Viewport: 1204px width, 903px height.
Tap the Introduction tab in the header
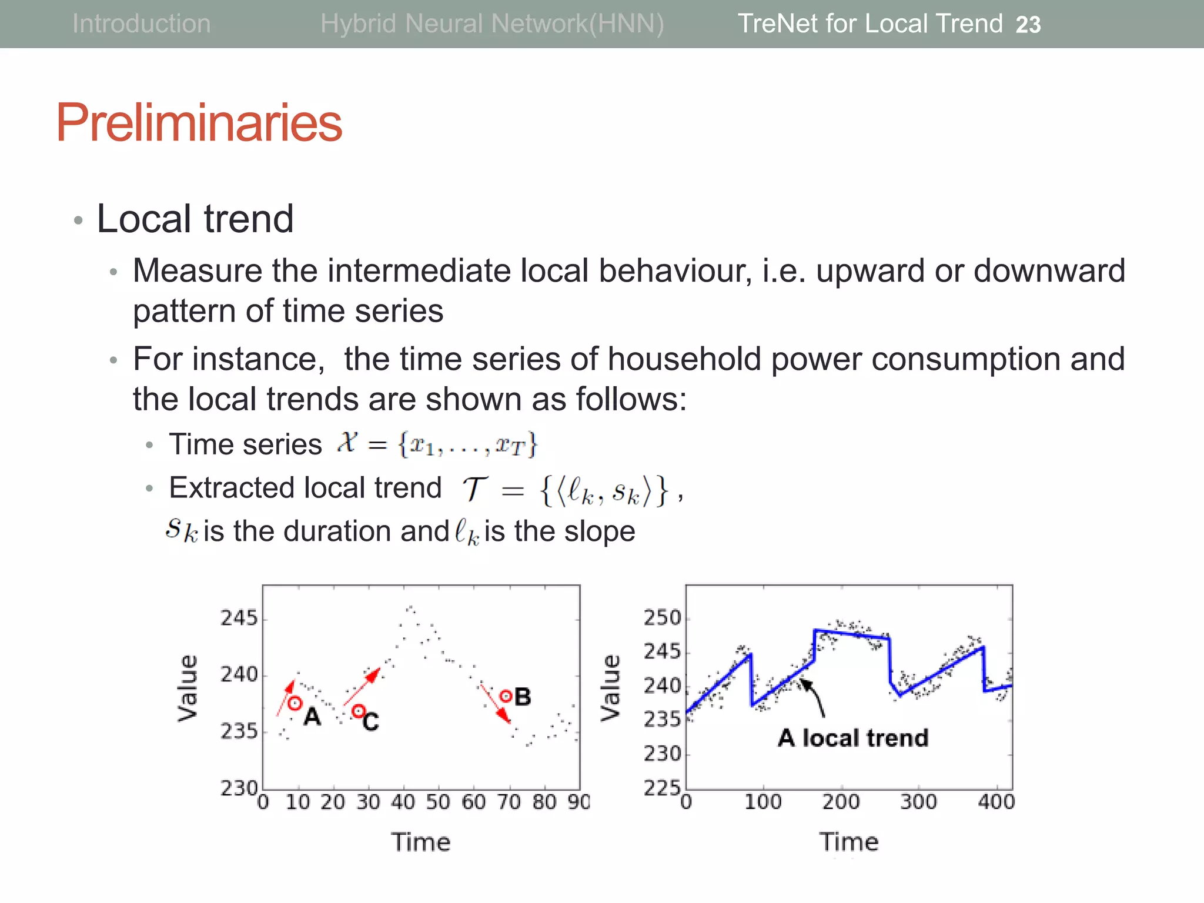pos(141,24)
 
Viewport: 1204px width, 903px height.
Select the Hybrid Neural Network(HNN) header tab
pos(492,24)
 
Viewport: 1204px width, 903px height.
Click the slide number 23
pos(1028,25)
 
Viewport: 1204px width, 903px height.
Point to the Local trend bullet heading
pos(195,219)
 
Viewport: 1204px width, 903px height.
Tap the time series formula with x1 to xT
pos(438,444)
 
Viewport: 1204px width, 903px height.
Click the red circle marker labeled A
pos(295,703)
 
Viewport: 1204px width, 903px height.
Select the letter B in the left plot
pos(523,697)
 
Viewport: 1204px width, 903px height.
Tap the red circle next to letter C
pos(358,711)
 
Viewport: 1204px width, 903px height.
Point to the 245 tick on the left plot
pos(239,618)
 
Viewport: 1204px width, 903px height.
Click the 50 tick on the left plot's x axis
pos(438,802)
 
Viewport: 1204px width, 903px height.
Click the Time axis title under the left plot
pos(421,842)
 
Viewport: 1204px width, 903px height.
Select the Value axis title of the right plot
pos(610,687)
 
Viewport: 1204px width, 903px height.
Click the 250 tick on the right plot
pos(662,618)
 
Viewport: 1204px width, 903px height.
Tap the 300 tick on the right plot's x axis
pos(918,802)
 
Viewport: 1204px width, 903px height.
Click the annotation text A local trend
pos(853,738)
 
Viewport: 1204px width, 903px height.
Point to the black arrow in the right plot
pos(814,698)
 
